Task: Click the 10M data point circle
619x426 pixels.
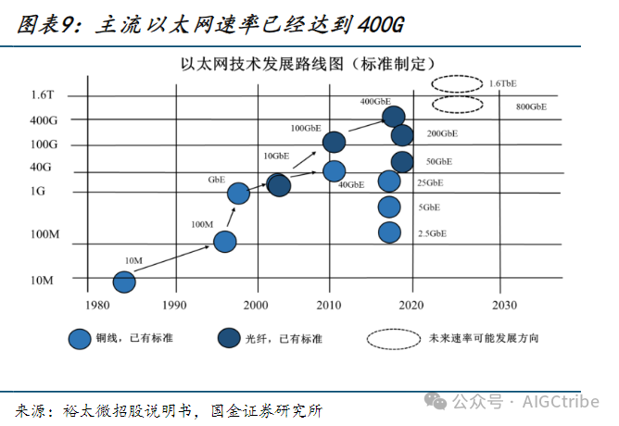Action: [125, 281]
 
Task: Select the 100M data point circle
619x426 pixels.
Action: [225, 242]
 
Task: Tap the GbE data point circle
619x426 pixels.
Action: [238, 193]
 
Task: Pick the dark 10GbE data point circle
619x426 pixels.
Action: [278, 184]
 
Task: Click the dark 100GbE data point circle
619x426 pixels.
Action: [334, 142]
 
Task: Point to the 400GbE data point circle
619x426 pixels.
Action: [393, 116]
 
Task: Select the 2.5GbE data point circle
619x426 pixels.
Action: [389, 232]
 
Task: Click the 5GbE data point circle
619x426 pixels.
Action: [389, 207]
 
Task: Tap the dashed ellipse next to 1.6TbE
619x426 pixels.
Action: [456, 83]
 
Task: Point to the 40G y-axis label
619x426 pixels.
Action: [43, 168]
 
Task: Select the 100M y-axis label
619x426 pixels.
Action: [44, 235]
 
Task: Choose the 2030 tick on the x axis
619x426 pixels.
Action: [504, 305]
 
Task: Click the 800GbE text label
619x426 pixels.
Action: [531, 107]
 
